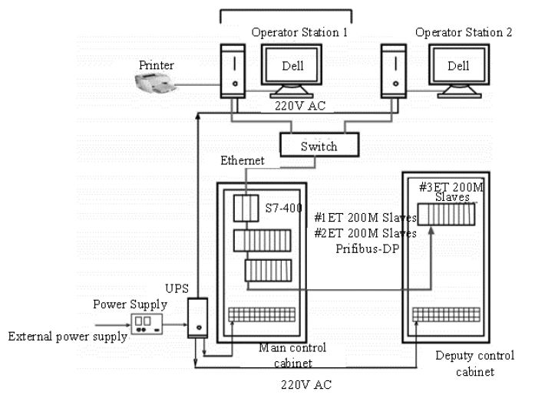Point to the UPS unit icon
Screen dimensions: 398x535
pos(199,318)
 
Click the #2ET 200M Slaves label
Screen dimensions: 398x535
pos(365,232)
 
